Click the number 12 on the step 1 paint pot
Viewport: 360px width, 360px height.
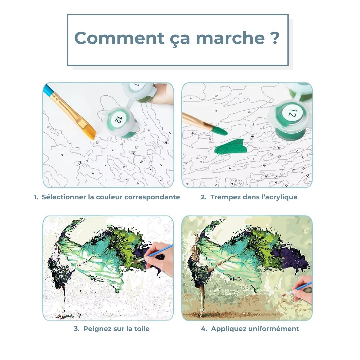(117, 119)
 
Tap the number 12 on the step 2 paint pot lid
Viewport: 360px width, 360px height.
(292, 114)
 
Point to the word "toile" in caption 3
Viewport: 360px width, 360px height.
(141, 329)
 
